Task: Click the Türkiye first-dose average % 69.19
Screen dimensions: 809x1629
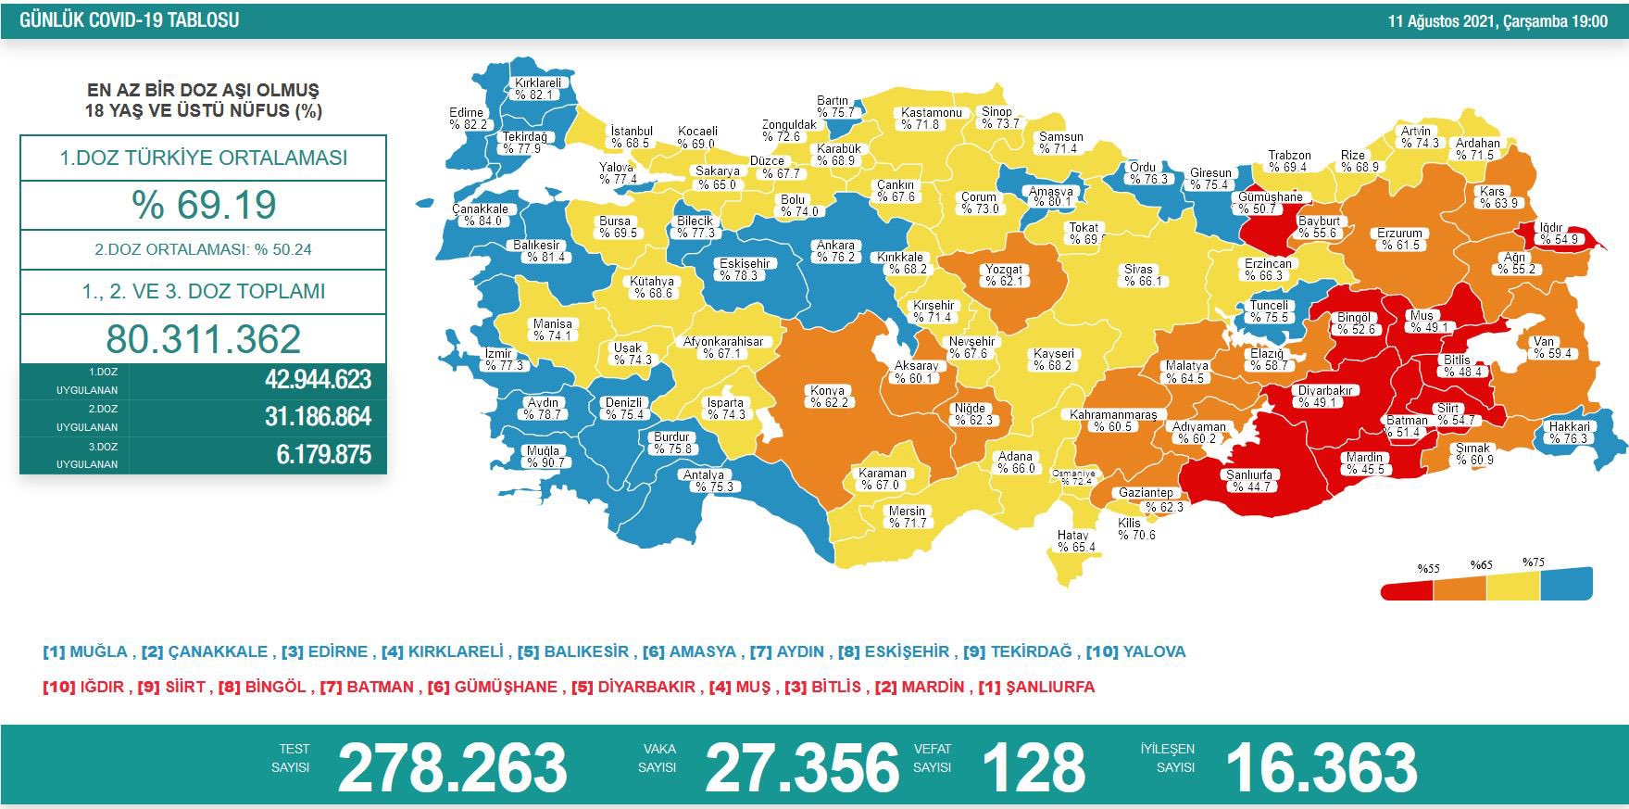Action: pyautogui.click(x=203, y=205)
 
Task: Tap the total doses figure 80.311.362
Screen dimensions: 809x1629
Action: pyautogui.click(x=203, y=339)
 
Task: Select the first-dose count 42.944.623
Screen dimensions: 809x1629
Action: pyautogui.click(x=318, y=380)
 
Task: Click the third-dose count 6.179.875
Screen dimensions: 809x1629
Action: pyautogui.click(x=323, y=455)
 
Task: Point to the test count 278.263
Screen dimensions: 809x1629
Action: pyautogui.click(x=452, y=767)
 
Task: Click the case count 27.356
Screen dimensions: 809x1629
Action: pyautogui.click(x=802, y=767)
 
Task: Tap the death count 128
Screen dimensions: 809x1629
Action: pyautogui.click(x=1033, y=767)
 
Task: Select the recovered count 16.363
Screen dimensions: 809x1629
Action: pyautogui.click(x=1321, y=767)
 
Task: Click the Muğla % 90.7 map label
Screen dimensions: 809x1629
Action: pyautogui.click(x=544, y=457)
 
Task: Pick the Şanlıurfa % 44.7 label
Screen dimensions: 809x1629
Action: pyautogui.click(x=1249, y=480)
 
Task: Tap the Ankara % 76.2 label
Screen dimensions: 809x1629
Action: pyautogui.click(x=835, y=251)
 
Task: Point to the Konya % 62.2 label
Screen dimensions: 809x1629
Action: pyautogui.click(x=828, y=397)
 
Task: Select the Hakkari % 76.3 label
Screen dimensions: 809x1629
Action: pyautogui.click(x=1569, y=433)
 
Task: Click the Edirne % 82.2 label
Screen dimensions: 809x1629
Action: pyautogui.click(x=467, y=119)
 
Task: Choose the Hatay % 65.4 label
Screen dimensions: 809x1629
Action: pyautogui.click(x=1074, y=541)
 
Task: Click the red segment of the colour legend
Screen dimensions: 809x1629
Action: pyautogui.click(x=1408, y=590)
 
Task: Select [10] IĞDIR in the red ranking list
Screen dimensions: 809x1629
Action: pyautogui.click(x=83, y=687)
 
